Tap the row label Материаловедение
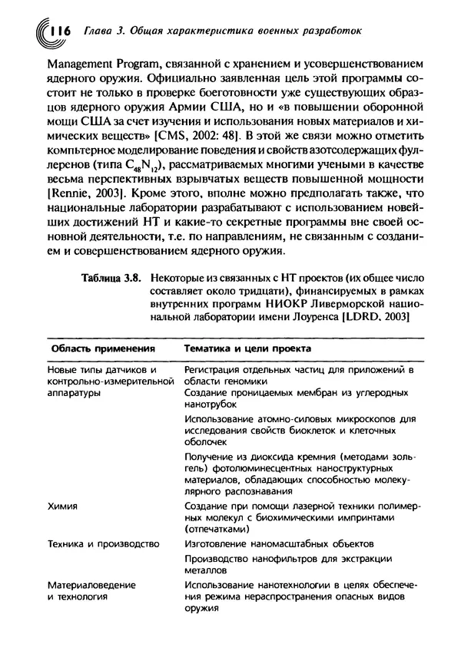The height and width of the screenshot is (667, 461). (91, 584)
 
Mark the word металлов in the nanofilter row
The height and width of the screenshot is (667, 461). (205, 570)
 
